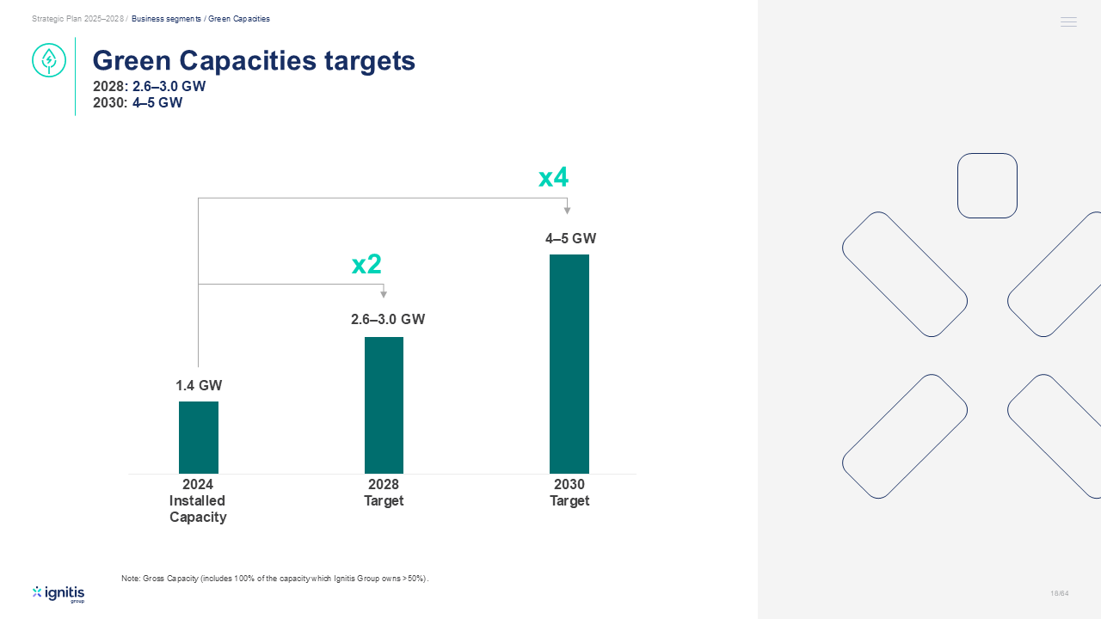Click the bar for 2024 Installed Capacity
pos(199,438)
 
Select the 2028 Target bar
pos(384,405)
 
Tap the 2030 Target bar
pos(569,364)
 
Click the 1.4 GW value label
pos(199,386)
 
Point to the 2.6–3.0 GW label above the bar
pos(388,319)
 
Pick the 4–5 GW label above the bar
pos(570,239)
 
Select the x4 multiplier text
pos(553,177)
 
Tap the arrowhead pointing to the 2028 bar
pos(384,294)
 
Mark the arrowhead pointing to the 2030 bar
pos(567,211)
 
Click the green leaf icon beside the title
pos(49,60)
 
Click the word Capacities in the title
pos(248,61)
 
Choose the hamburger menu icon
pos(1068,21)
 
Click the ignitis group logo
pos(58,594)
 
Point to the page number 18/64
pos(1060,593)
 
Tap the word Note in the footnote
pos(130,579)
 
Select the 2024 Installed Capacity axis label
pos(198,500)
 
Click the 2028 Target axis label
pos(384,493)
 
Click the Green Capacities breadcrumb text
pos(239,19)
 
